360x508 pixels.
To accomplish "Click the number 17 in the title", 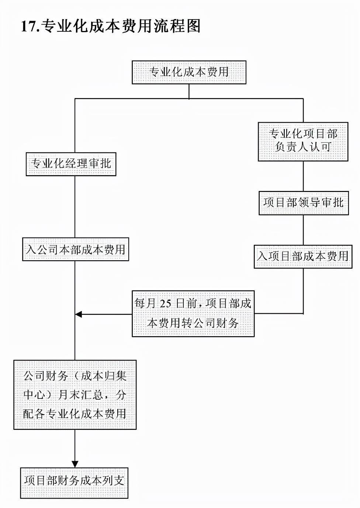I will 29,27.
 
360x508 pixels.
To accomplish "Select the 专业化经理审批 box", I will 71,164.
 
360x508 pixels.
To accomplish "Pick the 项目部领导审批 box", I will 304,203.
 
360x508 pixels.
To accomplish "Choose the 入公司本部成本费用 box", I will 76,250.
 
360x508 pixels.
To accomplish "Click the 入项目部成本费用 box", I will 303,256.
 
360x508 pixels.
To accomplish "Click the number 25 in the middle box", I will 166,304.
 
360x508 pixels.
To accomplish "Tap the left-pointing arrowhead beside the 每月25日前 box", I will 79,314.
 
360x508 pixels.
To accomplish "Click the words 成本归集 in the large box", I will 104,376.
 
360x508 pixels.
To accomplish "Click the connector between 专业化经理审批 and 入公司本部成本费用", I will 75,207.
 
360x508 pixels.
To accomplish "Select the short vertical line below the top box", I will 189,91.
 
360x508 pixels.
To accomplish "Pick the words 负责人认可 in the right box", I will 303,147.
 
